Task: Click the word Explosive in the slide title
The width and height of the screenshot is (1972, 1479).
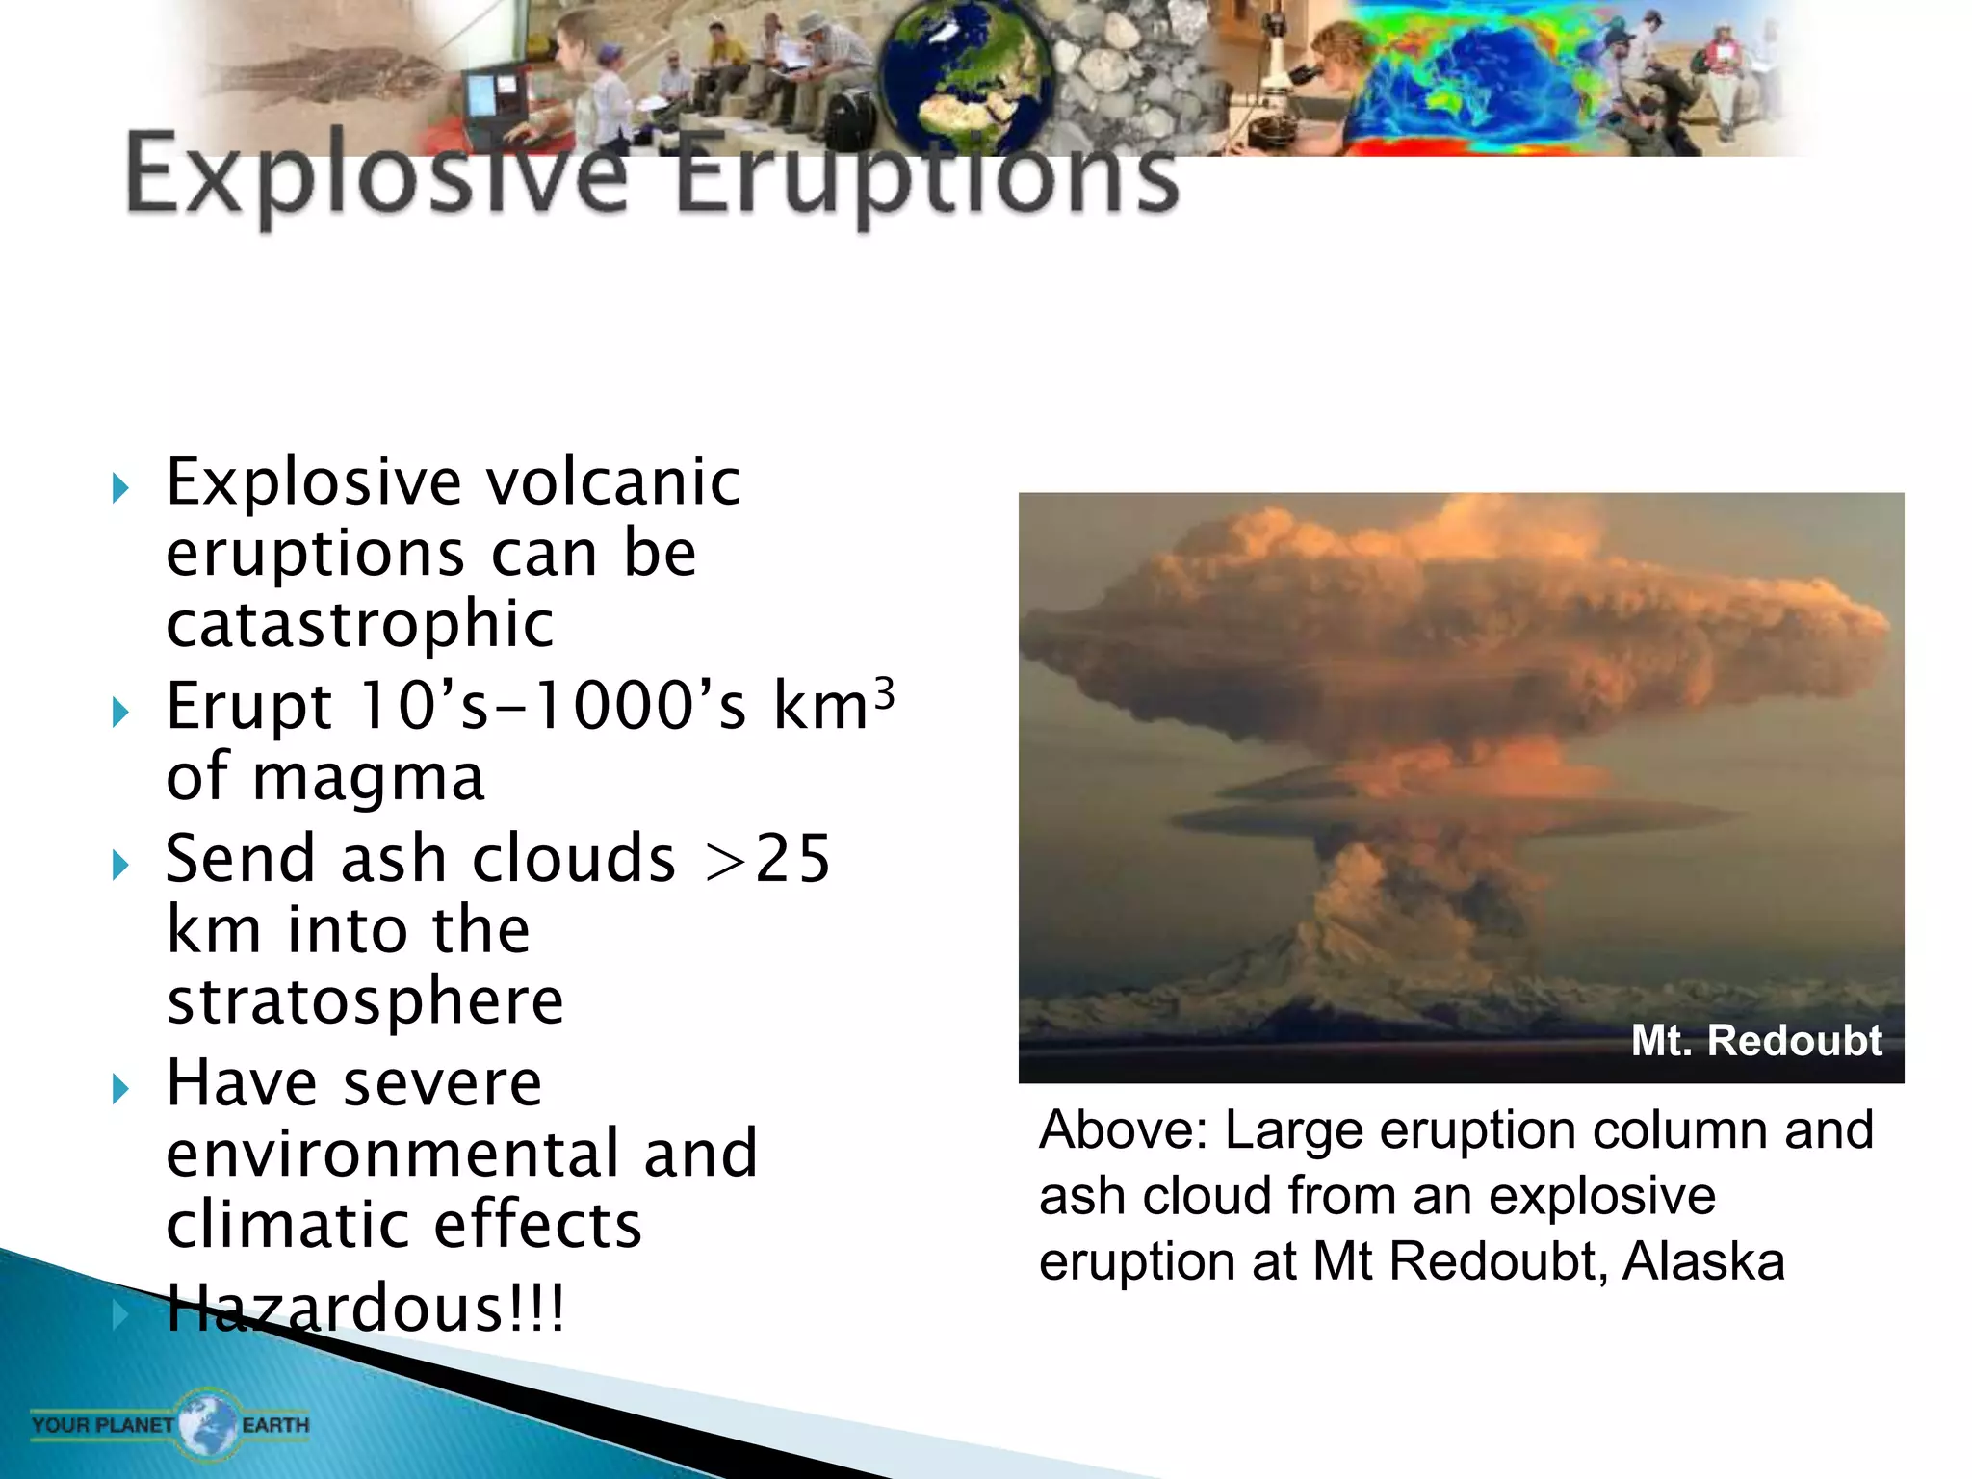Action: click(x=376, y=175)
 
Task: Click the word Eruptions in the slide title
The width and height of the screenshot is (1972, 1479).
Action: click(x=924, y=175)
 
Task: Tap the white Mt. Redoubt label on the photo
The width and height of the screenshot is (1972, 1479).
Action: click(x=1755, y=1040)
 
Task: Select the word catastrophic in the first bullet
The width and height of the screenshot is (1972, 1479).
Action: click(x=360, y=624)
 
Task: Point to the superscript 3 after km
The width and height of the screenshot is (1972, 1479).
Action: click(x=885, y=692)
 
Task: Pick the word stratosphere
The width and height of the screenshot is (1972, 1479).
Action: click(x=365, y=1000)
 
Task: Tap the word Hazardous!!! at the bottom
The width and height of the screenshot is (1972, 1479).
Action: click(x=365, y=1309)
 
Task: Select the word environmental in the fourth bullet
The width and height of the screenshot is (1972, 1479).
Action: click(x=393, y=1153)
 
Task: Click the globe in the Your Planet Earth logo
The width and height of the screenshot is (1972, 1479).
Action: click(x=207, y=1423)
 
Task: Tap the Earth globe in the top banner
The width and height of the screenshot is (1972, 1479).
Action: click(x=966, y=77)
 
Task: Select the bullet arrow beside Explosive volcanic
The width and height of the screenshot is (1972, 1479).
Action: click(x=120, y=487)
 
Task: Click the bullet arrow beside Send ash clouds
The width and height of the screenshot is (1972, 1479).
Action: click(x=120, y=864)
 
